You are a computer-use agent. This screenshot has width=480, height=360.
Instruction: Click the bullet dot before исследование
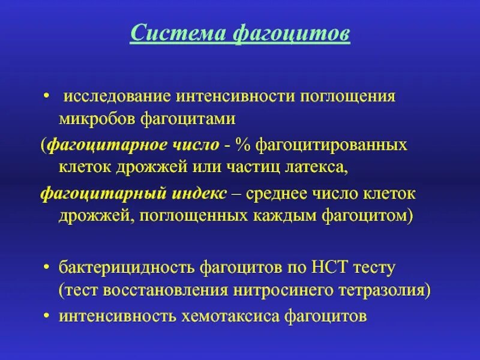pyautogui.click(x=46, y=97)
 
